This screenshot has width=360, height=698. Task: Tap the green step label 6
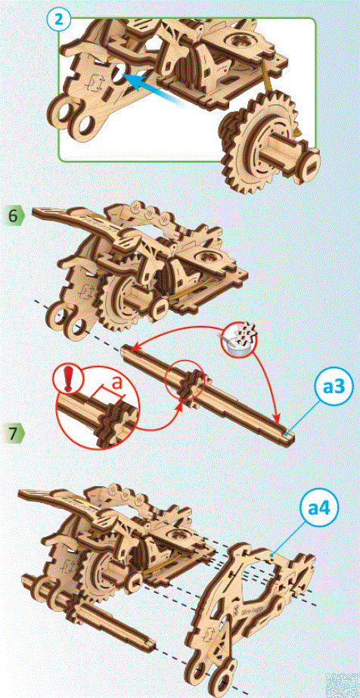(14, 215)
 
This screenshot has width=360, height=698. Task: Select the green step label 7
(14, 433)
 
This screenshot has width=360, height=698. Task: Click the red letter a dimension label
(117, 383)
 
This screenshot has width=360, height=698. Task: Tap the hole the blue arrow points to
(119, 76)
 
